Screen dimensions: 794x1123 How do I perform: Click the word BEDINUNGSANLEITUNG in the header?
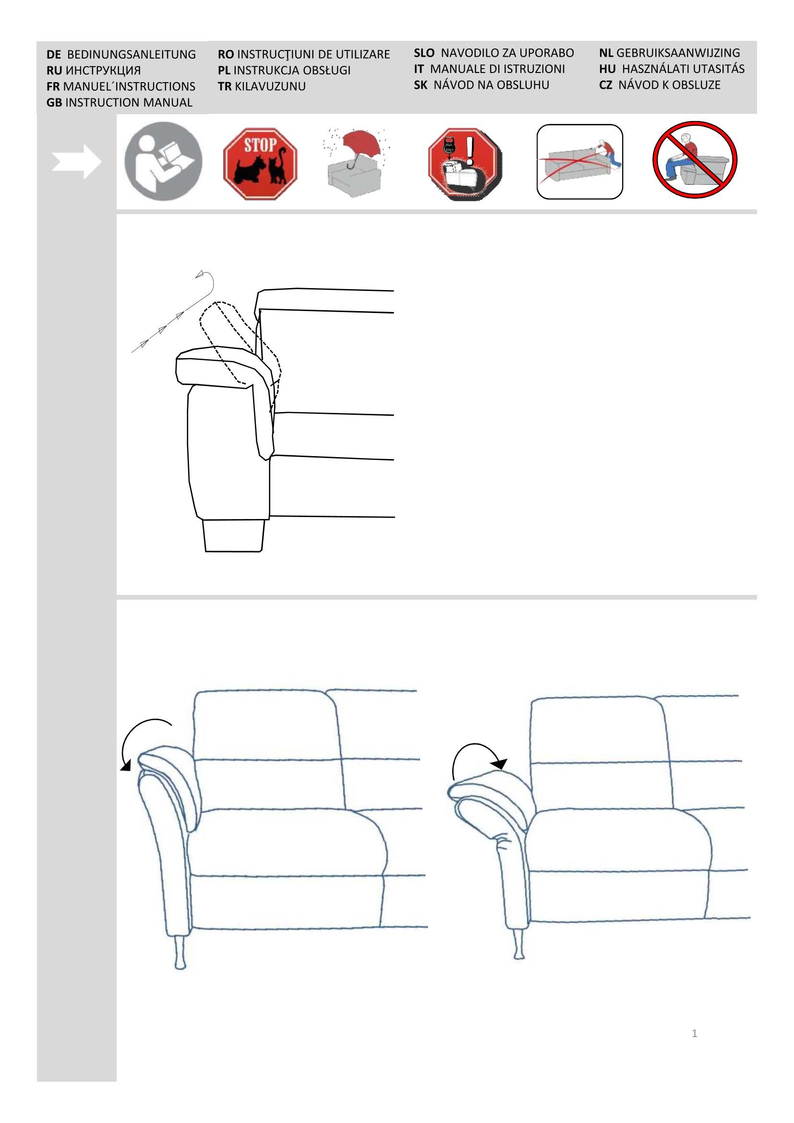[x=131, y=54]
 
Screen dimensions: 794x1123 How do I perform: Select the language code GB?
[x=54, y=103]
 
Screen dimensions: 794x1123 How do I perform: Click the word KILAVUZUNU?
[x=270, y=86]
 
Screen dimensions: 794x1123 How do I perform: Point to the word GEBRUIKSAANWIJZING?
[x=678, y=53]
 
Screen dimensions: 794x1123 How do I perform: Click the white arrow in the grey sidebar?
[x=76, y=161]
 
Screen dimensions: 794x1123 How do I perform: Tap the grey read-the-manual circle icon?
[x=163, y=161]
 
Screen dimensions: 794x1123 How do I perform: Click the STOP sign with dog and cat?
[x=260, y=163]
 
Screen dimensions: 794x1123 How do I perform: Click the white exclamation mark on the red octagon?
[x=470, y=150]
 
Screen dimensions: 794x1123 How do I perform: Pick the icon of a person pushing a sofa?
[x=579, y=161]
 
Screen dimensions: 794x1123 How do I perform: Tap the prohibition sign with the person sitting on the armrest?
[x=695, y=160]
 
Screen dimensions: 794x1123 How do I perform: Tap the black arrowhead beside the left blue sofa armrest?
[x=126, y=766]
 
